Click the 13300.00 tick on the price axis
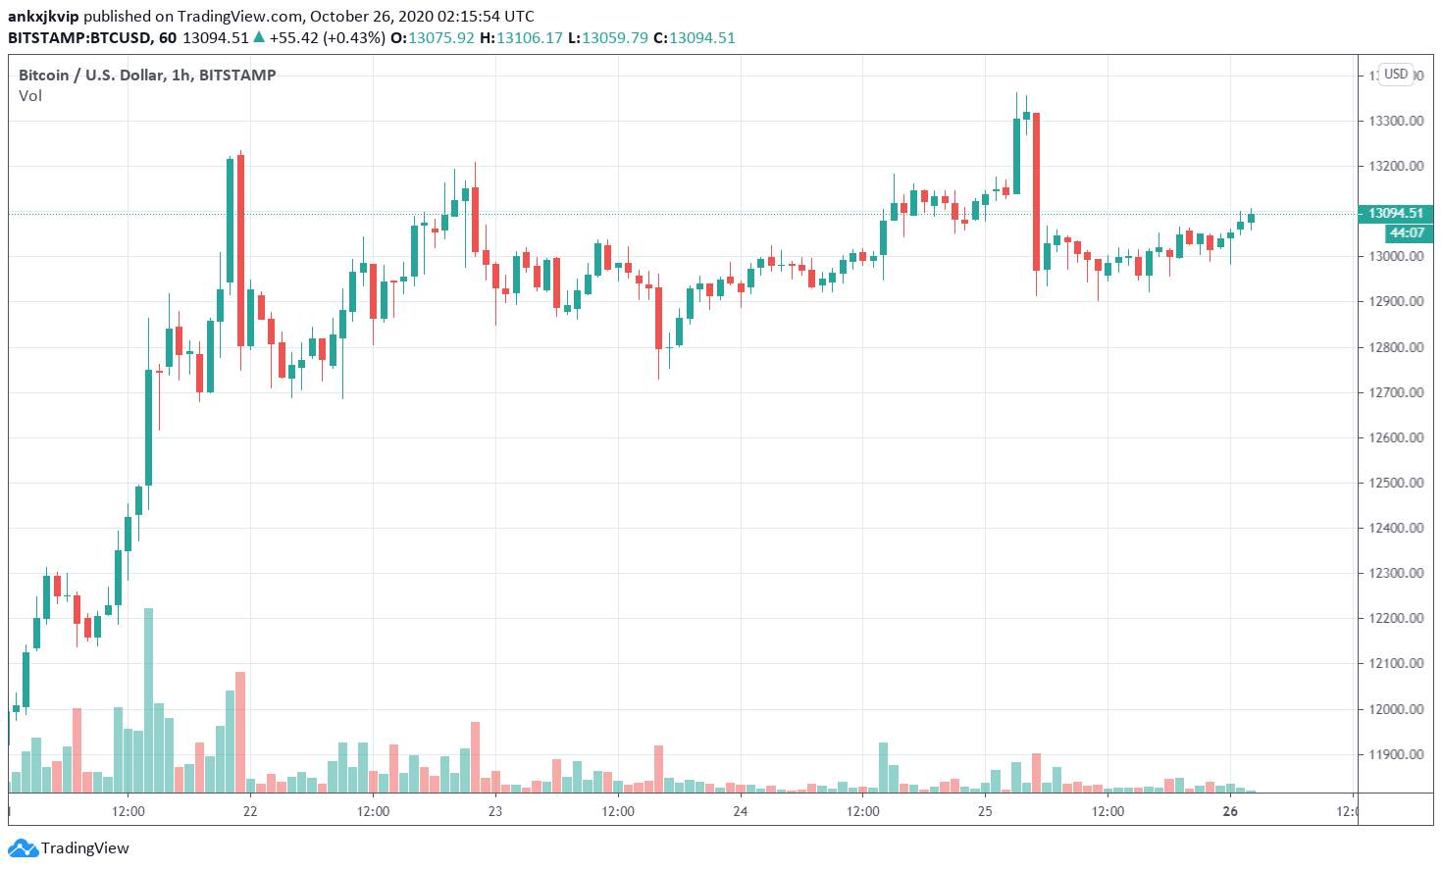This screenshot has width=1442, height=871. pos(1396,121)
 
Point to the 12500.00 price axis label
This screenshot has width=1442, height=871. pos(1396,483)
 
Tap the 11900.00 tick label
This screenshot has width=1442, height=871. pos(1396,754)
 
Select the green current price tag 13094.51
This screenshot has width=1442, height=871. pos(1395,213)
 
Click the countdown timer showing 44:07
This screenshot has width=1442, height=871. pos(1407,232)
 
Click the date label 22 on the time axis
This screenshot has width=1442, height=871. pos(250,811)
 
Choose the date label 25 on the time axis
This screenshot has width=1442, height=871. pos(985,811)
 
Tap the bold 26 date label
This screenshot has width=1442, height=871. pos(1230,811)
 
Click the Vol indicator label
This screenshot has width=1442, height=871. pos(30,96)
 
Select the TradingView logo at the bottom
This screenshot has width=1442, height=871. pos(69,847)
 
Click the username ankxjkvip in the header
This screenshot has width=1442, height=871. pos(43,16)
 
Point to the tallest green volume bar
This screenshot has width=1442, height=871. pos(149,699)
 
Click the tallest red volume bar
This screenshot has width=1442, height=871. pos(240,732)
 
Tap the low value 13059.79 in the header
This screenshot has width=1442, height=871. pos(615,38)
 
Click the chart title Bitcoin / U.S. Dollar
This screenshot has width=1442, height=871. pos(91,76)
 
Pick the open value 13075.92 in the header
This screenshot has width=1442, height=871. pos(441,38)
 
